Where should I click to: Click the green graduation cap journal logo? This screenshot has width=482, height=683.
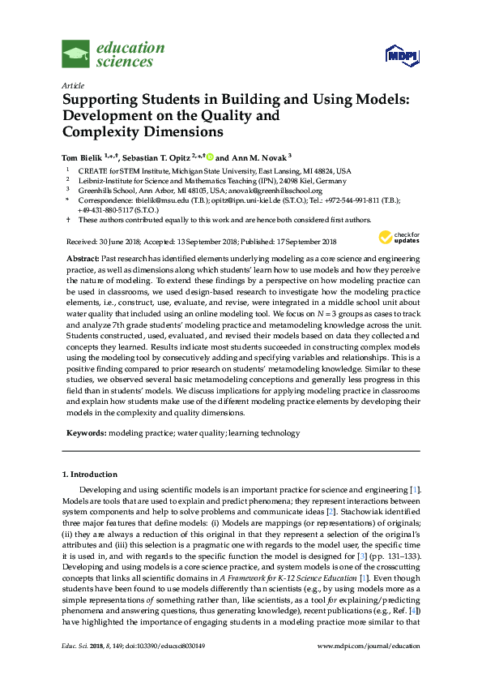[76, 54]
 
